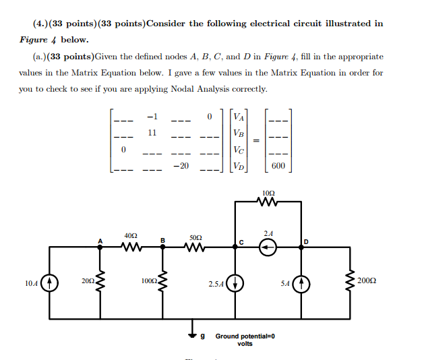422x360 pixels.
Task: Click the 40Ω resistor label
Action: pyautogui.click(x=131, y=235)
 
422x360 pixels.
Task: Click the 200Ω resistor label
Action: pyautogui.click(x=369, y=279)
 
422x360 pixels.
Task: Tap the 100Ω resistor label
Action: pyautogui.click(x=149, y=279)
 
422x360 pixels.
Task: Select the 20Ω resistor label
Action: pyautogui.click(x=87, y=279)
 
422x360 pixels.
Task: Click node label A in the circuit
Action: pyautogui.click(x=100, y=240)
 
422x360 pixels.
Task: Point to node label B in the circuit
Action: pyautogui.click(x=162, y=240)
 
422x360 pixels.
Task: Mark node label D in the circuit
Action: pyautogui.click(x=306, y=241)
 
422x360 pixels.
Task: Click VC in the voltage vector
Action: pyautogui.click(x=238, y=150)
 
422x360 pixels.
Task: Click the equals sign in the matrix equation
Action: pyautogui.click(x=255, y=141)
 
